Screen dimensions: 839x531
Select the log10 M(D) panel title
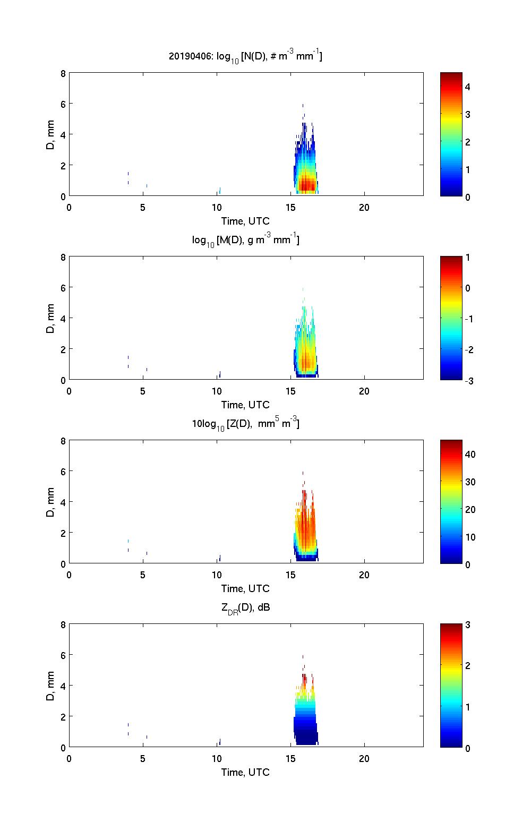[x=245, y=240]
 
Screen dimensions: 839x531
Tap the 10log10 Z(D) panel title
[x=245, y=424]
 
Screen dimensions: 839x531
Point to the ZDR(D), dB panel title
[x=245, y=607]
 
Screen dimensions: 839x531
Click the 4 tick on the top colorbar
[x=468, y=87]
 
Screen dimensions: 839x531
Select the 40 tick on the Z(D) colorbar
[x=470, y=454]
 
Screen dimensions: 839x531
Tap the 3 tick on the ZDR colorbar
[x=468, y=625]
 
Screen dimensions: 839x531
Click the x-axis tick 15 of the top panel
[x=290, y=207]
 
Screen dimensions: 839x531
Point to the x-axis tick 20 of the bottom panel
[x=364, y=758]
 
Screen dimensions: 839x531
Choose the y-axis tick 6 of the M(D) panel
[x=63, y=287]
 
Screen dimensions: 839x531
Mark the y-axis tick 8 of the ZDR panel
[x=63, y=625]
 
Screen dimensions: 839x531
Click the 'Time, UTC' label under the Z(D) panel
[x=245, y=588]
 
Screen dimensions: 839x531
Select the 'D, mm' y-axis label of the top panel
[x=51, y=135]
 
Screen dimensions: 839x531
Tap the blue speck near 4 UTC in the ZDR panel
[x=129, y=724]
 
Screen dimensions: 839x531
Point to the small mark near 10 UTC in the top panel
[x=219, y=191]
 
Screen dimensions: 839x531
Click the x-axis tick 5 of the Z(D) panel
[x=143, y=575]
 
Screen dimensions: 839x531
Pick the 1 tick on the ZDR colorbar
[x=468, y=707]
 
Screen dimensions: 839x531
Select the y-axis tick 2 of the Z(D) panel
[x=63, y=533]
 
